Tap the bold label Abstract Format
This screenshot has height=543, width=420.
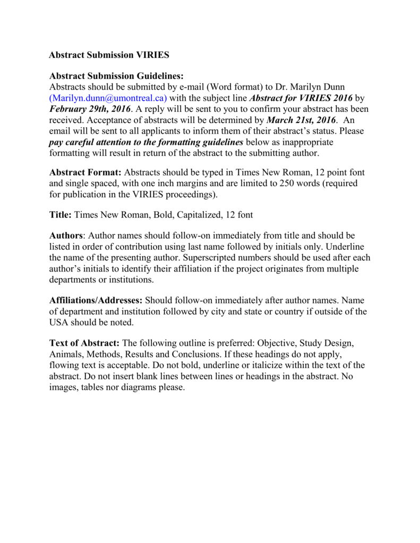coord(85,173)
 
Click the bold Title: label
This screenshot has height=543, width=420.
coord(61,215)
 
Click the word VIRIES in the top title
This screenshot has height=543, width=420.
coord(152,55)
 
